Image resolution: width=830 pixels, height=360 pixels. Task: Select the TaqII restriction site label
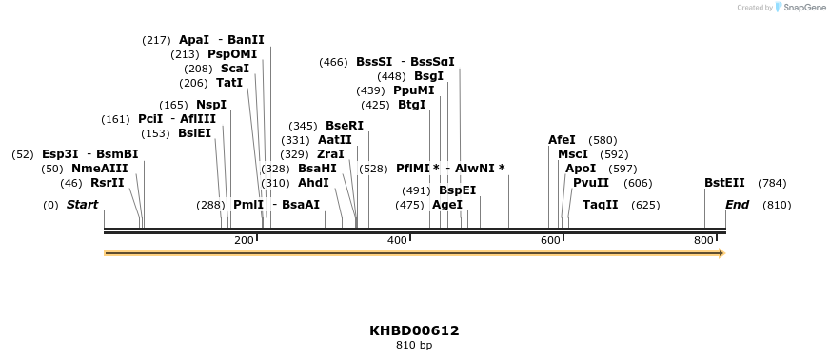click(x=601, y=205)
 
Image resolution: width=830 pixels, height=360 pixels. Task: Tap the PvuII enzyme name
click(x=591, y=183)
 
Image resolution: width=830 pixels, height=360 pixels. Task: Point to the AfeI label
click(x=562, y=140)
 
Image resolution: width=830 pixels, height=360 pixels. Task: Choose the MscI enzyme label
click(x=573, y=154)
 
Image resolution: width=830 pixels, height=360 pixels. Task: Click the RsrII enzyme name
click(x=108, y=183)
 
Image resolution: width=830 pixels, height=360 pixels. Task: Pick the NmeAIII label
click(x=100, y=169)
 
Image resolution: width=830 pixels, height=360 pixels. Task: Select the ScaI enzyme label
click(x=235, y=69)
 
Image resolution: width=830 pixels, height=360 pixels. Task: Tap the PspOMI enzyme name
click(x=232, y=54)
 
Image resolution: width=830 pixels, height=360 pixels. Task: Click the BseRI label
click(x=345, y=126)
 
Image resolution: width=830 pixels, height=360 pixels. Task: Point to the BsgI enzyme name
click(x=428, y=76)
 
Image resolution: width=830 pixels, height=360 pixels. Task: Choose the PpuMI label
click(x=413, y=90)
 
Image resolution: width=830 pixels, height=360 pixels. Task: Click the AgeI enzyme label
click(x=447, y=205)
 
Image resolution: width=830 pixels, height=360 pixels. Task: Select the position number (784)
click(x=772, y=183)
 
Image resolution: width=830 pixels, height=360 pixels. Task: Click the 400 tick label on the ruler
click(x=397, y=241)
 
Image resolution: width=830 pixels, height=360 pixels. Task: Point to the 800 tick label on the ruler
click(x=703, y=241)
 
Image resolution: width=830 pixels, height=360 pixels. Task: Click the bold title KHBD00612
click(x=414, y=331)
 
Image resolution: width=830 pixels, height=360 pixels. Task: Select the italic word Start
click(x=82, y=205)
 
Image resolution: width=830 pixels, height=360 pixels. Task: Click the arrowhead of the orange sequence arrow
click(x=721, y=253)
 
